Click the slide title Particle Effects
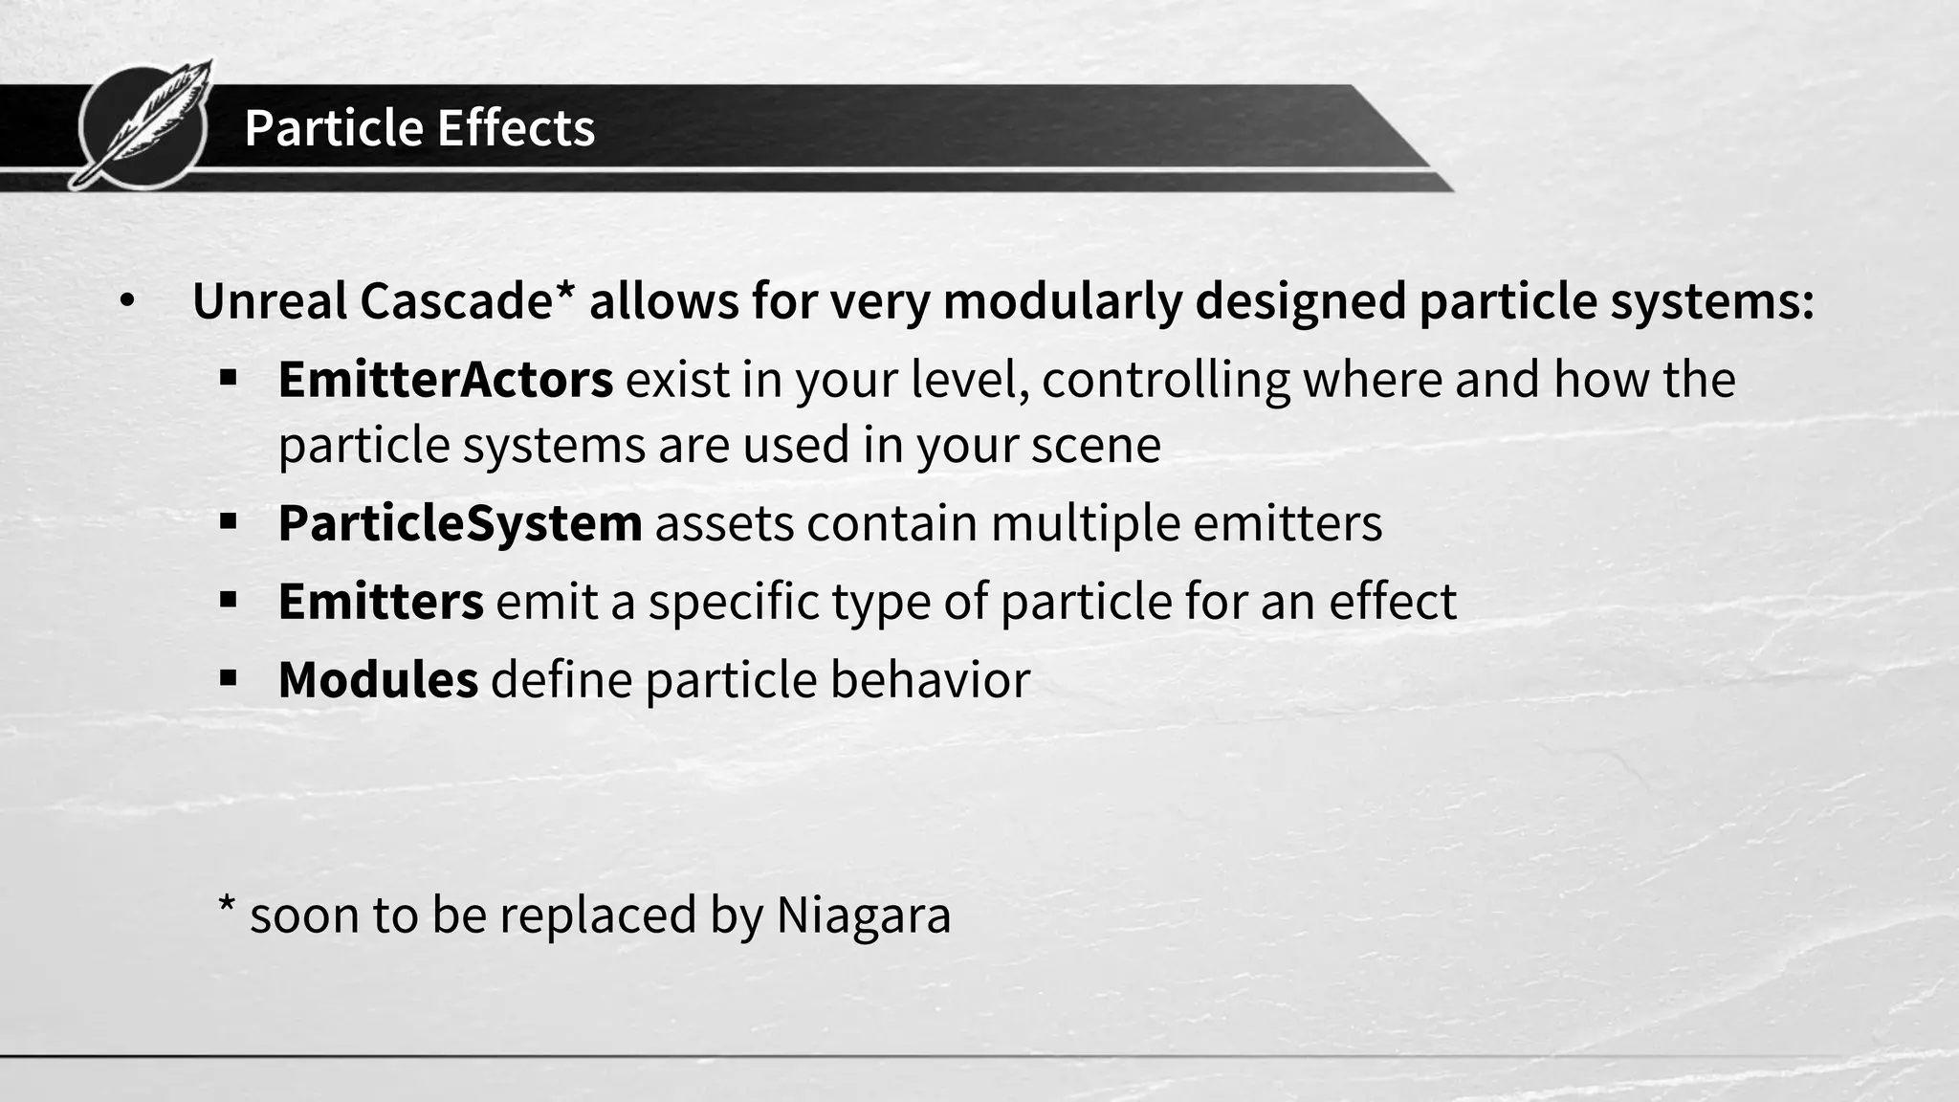pos(419,127)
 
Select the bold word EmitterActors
pos(445,379)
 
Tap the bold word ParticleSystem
pos(460,523)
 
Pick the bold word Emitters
pos(381,602)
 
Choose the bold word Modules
pos(378,680)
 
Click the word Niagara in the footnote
pos(863,915)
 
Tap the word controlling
pos(1166,379)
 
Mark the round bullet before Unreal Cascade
pos(128,302)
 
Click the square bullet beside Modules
pos(228,679)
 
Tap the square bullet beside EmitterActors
pos(228,379)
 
